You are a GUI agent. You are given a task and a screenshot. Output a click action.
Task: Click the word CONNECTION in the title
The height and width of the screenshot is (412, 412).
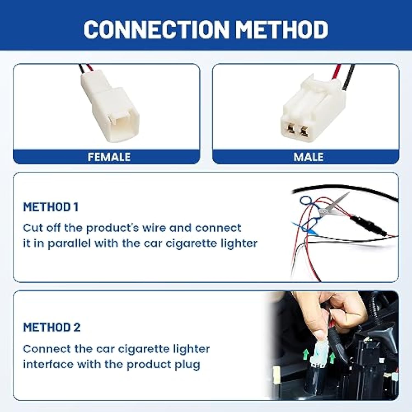click(x=156, y=29)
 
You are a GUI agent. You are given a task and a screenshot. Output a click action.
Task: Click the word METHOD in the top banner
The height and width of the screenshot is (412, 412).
click(x=282, y=29)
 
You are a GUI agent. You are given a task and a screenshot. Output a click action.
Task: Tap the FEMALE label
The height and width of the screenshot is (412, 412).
click(x=109, y=157)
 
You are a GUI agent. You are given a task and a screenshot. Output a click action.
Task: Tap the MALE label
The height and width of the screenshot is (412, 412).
click(x=308, y=157)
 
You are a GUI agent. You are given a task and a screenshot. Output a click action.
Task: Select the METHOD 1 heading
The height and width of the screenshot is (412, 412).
click(x=51, y=207)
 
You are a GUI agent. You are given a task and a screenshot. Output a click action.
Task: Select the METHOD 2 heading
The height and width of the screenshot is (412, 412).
click(x=52, y=327)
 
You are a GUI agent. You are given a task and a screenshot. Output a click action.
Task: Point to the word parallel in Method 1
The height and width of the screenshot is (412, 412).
click(x=69, y=244)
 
